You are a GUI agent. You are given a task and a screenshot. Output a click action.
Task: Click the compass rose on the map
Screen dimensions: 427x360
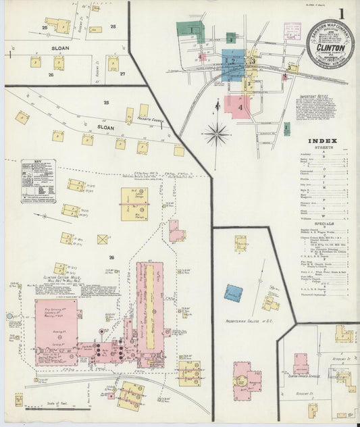[217, 132]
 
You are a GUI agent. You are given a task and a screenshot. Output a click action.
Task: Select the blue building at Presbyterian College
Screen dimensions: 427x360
[234, 293]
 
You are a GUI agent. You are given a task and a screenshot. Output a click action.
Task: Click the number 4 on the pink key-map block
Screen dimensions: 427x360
[240, 107]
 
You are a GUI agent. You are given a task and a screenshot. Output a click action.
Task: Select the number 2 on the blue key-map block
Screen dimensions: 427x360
[233, 62]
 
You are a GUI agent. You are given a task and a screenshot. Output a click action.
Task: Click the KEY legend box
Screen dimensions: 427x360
[38, 180]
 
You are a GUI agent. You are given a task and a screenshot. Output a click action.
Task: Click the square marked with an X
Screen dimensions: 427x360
[103, 239]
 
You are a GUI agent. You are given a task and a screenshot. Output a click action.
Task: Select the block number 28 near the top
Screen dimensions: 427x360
[113, 26]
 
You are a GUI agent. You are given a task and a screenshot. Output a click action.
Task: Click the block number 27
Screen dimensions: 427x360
[123, 74]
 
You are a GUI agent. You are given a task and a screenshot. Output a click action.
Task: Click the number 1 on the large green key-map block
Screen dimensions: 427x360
[192, 30]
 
